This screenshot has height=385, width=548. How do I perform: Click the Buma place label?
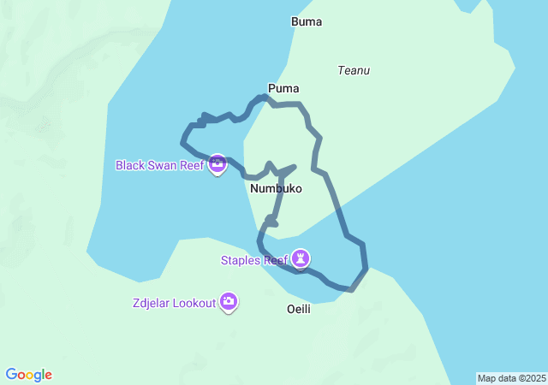click(x=307, y=21)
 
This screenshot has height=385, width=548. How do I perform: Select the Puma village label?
click(x=283, y=88)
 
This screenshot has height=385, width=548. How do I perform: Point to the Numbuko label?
click(x=277, y=188)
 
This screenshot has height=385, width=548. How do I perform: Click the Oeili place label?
click(x=299, y=309)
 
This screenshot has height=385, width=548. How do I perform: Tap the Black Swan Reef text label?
click(x=159, y=164)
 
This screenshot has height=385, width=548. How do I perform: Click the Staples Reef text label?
click(x=253, y=260)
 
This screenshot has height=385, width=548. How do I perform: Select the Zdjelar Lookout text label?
click(x=174, y=303)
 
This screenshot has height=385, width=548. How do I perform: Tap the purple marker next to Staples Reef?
click(x=301, y=258)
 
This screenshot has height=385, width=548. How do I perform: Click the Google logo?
click(x=29, y=375)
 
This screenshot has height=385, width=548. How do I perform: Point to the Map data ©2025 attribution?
click(x=511, y=378)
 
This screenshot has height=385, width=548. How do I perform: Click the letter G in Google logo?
click(x=12, y=375)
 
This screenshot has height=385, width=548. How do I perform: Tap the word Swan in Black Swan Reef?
click(x=163, y=164)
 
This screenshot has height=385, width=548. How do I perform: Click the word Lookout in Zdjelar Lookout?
click(x=194, y=303)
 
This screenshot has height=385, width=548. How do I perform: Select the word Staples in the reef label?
click(x=240, y=260)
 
